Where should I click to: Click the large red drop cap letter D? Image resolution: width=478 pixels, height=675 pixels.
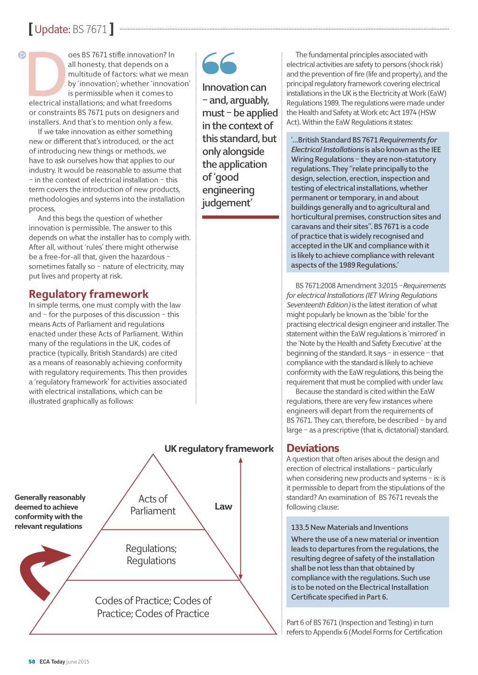47,73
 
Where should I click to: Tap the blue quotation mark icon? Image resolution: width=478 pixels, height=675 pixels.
219,63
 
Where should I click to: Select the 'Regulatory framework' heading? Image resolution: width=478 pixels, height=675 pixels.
89,294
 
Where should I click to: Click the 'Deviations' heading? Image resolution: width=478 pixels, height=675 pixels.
313,448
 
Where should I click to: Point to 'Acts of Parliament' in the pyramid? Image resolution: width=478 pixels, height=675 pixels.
153,505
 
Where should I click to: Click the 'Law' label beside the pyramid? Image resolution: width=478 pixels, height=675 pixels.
223,506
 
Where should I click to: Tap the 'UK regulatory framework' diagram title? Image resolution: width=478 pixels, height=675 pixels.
219,448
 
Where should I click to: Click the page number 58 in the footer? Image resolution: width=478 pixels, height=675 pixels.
32,661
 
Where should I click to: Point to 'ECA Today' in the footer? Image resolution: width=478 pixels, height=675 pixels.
52,661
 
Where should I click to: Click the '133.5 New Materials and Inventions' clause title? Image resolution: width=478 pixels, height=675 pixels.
349,527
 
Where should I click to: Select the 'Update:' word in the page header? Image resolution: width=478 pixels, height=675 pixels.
52,29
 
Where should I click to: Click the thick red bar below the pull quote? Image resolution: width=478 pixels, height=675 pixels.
240,217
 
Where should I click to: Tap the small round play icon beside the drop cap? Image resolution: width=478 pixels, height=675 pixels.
22,55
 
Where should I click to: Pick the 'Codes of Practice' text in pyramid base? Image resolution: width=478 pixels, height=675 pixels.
153,607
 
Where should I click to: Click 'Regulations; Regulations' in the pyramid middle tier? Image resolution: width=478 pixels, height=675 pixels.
151,554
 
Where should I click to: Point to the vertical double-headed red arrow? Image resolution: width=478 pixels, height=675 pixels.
241,517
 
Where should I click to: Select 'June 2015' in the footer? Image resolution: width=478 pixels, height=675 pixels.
78,661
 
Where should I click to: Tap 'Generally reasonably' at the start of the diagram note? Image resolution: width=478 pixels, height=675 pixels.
50,497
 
